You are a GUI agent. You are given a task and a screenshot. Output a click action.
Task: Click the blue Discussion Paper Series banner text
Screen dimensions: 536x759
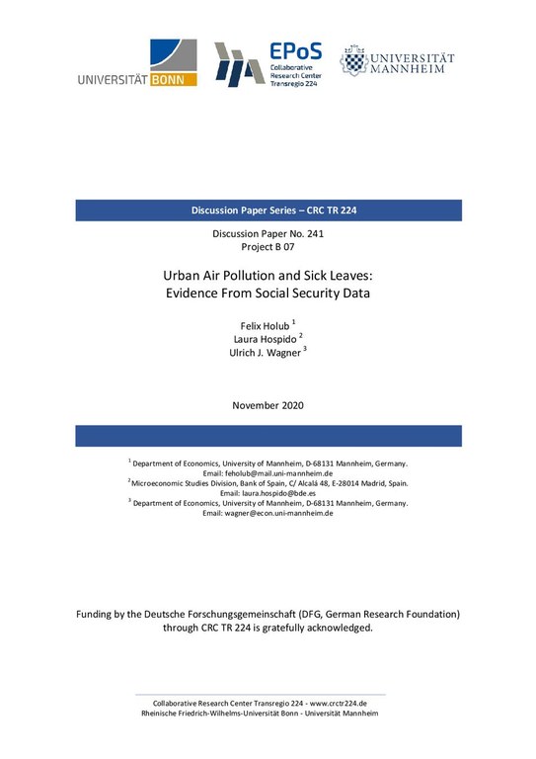268,211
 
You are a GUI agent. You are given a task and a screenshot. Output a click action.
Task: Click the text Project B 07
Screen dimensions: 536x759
268,247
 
